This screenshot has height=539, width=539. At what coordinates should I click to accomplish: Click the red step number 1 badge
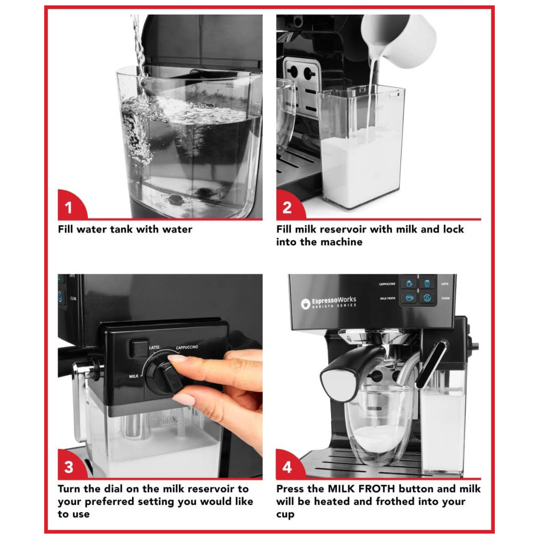coord(71,205)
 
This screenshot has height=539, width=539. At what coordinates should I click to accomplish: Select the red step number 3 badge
coord(71,465)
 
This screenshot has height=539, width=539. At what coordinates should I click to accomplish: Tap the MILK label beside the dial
coord(134,376)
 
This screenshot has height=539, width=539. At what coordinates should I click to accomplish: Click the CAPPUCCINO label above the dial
coord(187,348)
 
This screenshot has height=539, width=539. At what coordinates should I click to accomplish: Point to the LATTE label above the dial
coord(154,348)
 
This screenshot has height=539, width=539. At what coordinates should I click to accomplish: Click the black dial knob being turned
coord(164,375)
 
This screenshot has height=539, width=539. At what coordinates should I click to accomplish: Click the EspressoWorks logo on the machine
coord(329,302)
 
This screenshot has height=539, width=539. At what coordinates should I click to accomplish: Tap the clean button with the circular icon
coord(427,298)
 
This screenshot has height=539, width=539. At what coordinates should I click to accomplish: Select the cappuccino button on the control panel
coord(409,284)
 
